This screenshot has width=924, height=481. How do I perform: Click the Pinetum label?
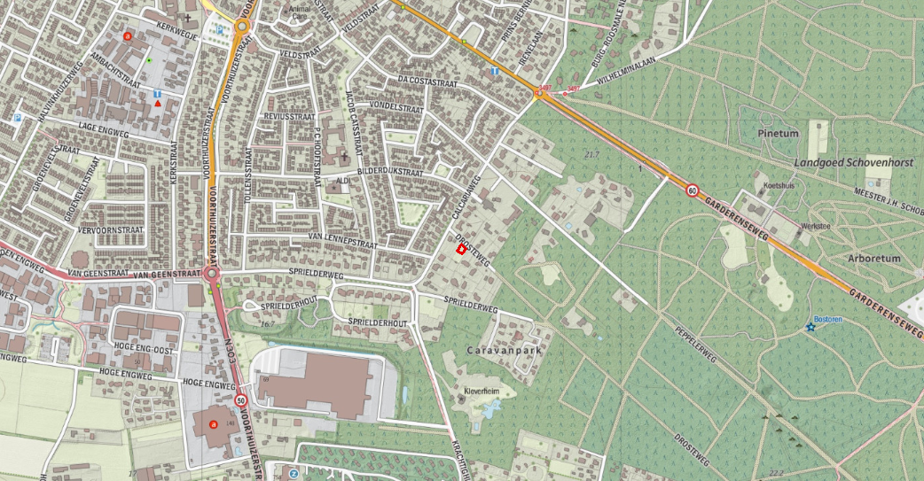tap(779, 133)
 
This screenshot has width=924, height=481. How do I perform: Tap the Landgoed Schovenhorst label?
tap(848, 164)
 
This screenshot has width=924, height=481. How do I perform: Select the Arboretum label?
tap(873, 259)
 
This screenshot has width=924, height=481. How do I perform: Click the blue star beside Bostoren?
tap(810, 328)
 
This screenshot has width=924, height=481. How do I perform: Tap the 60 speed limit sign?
tap(692, 190)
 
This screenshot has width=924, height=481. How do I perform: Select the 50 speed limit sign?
tap(241, 401)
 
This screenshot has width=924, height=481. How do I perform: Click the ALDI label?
tap(343, 182)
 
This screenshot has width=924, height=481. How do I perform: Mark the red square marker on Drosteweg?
tap(461, 250)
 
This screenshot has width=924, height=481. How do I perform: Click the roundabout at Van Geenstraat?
tap(212, 275)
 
